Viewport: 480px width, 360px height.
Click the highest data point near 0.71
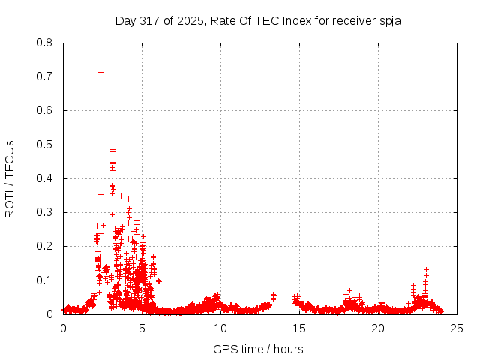click(100, 72)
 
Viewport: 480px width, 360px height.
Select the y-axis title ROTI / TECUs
click(10, 179)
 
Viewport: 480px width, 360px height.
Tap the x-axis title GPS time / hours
click(258, 349)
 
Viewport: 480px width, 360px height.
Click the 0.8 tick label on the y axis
click(45, 43)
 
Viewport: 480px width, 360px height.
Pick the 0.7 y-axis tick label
click(45, 76)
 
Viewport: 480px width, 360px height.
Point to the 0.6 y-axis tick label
click(45, 110)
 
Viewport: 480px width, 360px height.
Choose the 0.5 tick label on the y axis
click(45, 145)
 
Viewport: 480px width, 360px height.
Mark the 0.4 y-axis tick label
click(45, 178)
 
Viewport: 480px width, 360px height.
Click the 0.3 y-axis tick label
click(45, 212)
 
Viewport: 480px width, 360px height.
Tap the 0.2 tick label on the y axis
click(45, 246)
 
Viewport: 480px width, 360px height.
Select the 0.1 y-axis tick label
click(45, 280)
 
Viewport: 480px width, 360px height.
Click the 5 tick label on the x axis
click(142, 328)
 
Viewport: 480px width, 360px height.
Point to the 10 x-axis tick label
click(220, 328)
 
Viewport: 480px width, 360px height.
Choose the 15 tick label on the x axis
click(299, 328)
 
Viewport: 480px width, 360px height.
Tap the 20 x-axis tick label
click(378, 328)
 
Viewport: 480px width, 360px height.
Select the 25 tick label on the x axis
click(457, 328)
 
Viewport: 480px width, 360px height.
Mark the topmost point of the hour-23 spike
click(426, 269)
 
